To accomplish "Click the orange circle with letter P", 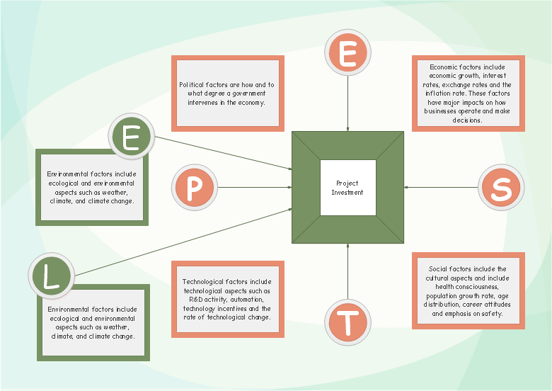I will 192,188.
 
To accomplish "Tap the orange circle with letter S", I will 501,188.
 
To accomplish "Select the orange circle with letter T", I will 347,322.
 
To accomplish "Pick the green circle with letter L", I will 51,276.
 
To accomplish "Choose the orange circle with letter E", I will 347,54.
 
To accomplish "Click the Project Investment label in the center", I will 347,188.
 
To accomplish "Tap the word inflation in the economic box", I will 437,93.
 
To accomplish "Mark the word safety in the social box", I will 490,313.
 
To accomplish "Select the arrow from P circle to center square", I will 255,188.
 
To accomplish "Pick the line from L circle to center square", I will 184,242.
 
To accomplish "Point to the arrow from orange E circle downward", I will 347,103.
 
